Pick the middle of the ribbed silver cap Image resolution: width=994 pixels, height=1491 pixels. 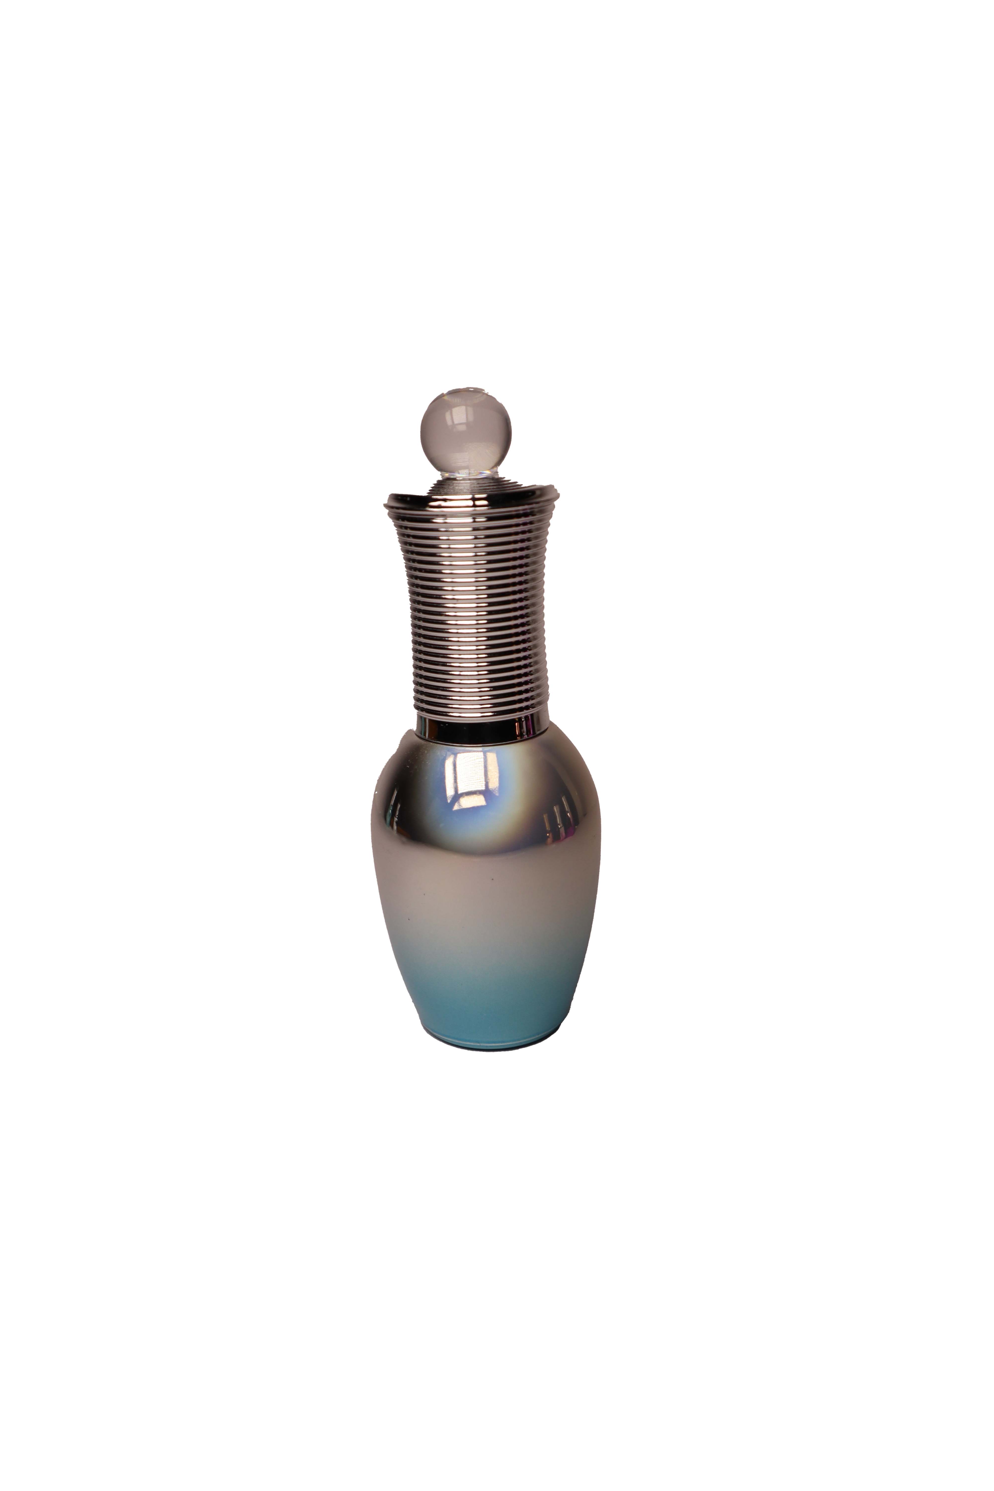coord(472,602)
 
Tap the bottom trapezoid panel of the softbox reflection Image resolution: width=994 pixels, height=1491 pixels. coord(470,800)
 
